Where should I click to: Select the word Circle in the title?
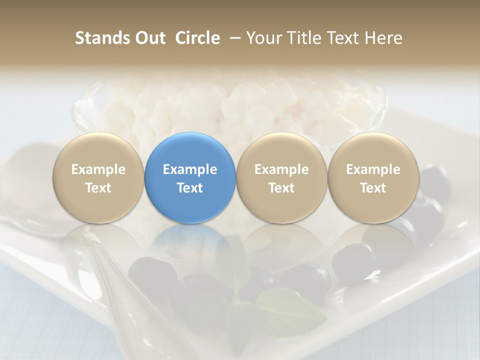tap(197, 38)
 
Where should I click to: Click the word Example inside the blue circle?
tap(190, 169)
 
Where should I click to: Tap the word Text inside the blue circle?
tap(190, 188)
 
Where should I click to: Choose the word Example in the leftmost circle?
tap(98, 169)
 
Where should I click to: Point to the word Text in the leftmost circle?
tap(98, 188)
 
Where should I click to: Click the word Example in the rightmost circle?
tap(373, 169)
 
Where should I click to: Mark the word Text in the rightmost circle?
tap(373, 188)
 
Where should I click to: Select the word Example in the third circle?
tap(281, 169)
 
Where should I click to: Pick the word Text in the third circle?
tap(281, 188)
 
